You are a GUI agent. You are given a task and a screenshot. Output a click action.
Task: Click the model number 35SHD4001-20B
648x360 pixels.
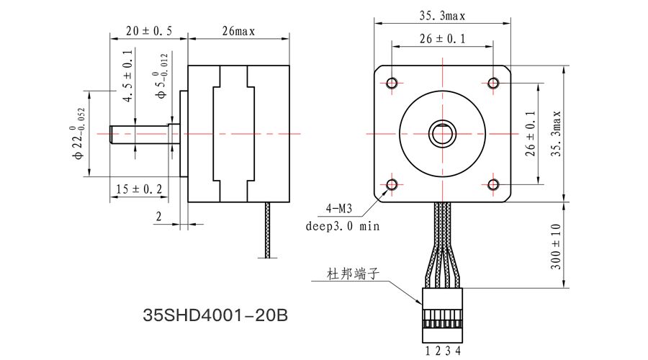click(216, 315)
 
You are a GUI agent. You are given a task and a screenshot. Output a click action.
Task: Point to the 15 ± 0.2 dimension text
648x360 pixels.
click(139, 189)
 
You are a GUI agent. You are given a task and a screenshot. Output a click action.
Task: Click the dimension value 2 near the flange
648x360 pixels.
click(158, 215)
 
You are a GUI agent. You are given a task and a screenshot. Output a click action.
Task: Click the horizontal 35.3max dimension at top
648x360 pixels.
click(442, 14)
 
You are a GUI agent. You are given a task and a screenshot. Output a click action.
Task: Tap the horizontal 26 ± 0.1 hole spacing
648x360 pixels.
click(442, 40)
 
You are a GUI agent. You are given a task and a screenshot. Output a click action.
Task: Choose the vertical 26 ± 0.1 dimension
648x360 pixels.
click(531, 134)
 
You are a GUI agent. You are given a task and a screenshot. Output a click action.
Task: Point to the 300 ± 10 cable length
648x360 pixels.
click(556, 246)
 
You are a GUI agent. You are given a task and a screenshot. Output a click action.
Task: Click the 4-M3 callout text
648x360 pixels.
click(339, 210)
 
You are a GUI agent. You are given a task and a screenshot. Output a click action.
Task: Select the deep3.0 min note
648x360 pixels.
click(343, 225)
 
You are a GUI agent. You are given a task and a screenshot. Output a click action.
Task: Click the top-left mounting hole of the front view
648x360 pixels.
click(392, 83)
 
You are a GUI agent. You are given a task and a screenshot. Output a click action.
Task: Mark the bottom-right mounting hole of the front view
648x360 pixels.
click(493, 185)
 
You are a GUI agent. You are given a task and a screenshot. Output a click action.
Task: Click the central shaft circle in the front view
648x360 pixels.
click(442, 134)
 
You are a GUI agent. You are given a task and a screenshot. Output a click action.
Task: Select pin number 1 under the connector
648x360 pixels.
click(428, 351)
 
